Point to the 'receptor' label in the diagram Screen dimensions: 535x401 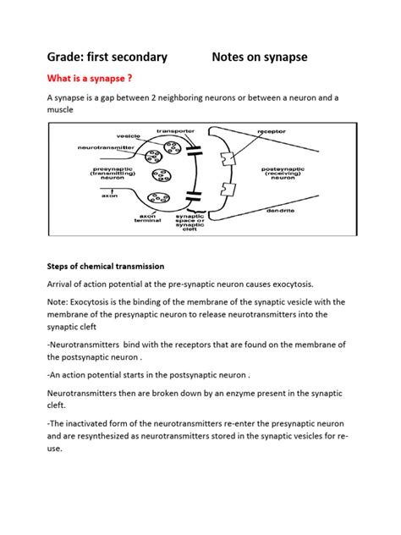[x=277, y=132]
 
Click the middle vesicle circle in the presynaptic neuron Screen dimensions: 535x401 [x=157, y=175]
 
